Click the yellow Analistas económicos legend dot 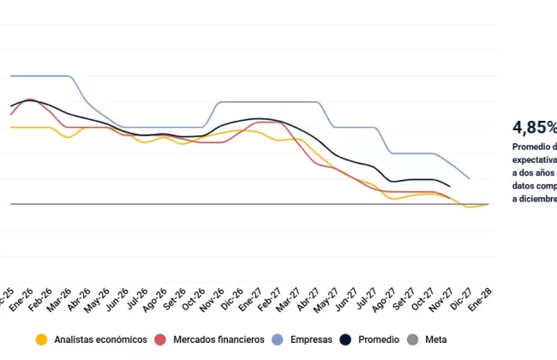tap(39, 339)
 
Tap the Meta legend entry tap(434, 339)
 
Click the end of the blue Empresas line tap(469, 178)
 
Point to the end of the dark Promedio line tap(450, 186)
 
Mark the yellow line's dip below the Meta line tap(469, 207)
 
